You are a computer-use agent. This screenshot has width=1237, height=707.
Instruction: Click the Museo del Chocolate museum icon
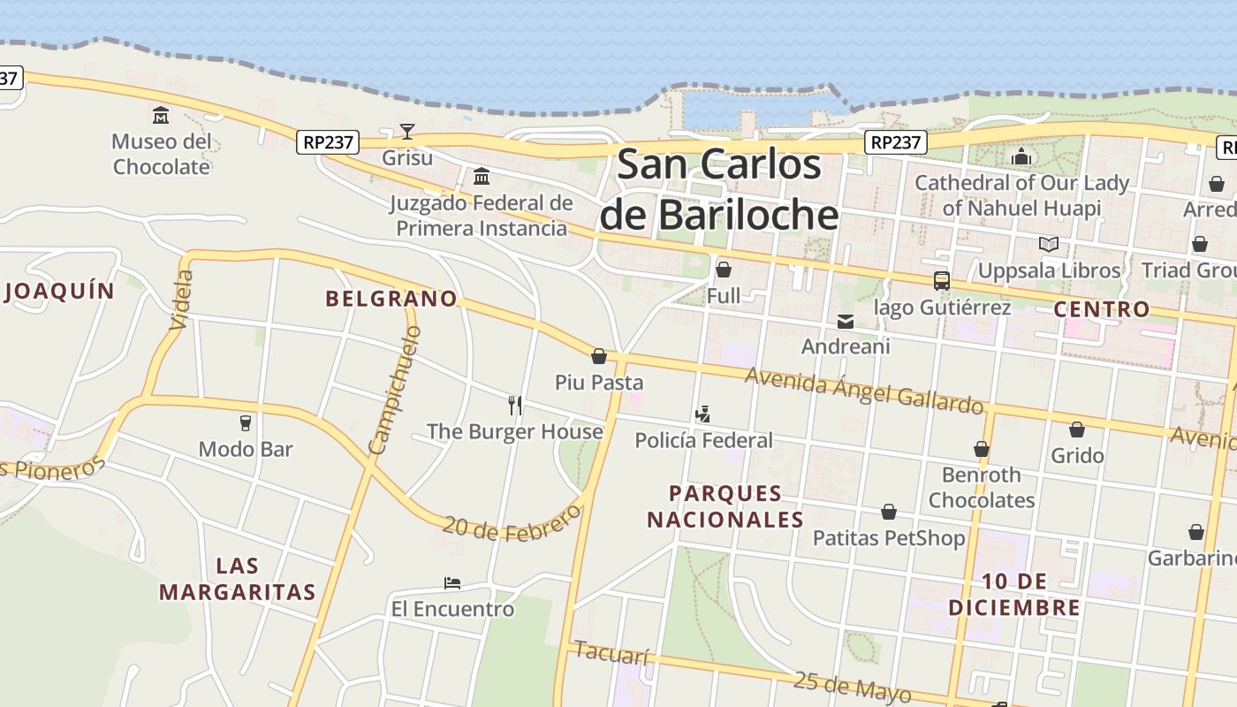tap(161, 115)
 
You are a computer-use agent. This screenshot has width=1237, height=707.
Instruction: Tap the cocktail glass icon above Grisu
tap(406, 132)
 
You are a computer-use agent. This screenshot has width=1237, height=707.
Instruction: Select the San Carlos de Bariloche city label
tap(718, 190)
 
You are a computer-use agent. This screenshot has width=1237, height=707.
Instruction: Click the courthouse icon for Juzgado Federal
tap(482, 177)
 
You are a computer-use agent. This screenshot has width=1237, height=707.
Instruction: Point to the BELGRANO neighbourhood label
tap(391, 299)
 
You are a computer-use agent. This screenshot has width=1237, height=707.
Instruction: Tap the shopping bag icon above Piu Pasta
tap(599, 356)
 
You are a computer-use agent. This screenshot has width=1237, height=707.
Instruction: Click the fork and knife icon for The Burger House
tap(515, 406)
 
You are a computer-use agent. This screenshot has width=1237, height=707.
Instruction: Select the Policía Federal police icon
tap(703, 414)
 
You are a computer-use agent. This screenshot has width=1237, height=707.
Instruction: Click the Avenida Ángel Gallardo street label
tap(863, 390)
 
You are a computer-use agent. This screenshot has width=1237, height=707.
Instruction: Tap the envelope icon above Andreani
tap(846, 322)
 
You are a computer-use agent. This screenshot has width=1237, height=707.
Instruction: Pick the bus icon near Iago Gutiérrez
tap(942, 281)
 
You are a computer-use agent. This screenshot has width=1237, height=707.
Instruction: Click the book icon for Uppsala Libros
tap(1049, 244)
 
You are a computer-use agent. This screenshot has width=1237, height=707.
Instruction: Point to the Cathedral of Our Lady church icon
tap(1021, 157)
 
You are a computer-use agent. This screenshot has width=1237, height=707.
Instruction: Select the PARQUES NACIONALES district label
tap(725, 506)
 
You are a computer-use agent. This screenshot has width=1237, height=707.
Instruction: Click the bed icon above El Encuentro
tap(452, 583)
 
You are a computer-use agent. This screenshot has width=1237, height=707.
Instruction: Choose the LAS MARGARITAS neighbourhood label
tap(238, 579)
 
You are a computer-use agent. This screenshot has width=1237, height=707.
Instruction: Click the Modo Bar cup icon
tap(246, 423)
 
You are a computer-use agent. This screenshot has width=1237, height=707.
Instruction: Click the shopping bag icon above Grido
tap(1077, 430)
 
